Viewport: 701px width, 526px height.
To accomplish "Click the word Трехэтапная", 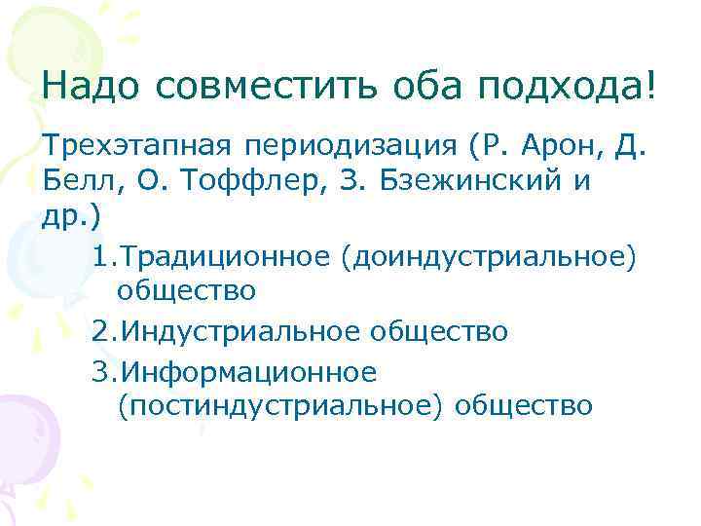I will [135, 148].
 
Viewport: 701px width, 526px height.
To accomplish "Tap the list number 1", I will [103, 257].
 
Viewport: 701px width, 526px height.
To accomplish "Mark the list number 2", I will [103, 331].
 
